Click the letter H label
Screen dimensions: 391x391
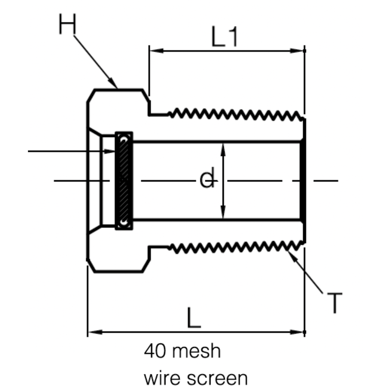pos(68,25)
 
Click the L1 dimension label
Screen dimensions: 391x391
pos(224,38)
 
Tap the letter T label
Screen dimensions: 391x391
pos(334,303)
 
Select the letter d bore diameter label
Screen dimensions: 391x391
pos(207,180)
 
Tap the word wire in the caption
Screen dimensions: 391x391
pos(161,378)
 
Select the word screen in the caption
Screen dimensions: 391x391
pos(218,379)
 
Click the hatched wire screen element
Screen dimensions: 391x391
pos(124,180)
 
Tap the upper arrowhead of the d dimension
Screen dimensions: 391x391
pos(223,147)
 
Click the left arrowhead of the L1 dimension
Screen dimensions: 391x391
pos(154,51)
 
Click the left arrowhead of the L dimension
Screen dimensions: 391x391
pos(93,332)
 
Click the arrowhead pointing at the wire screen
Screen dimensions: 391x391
pos(110,151)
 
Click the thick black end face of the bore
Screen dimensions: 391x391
pos(303,180)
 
